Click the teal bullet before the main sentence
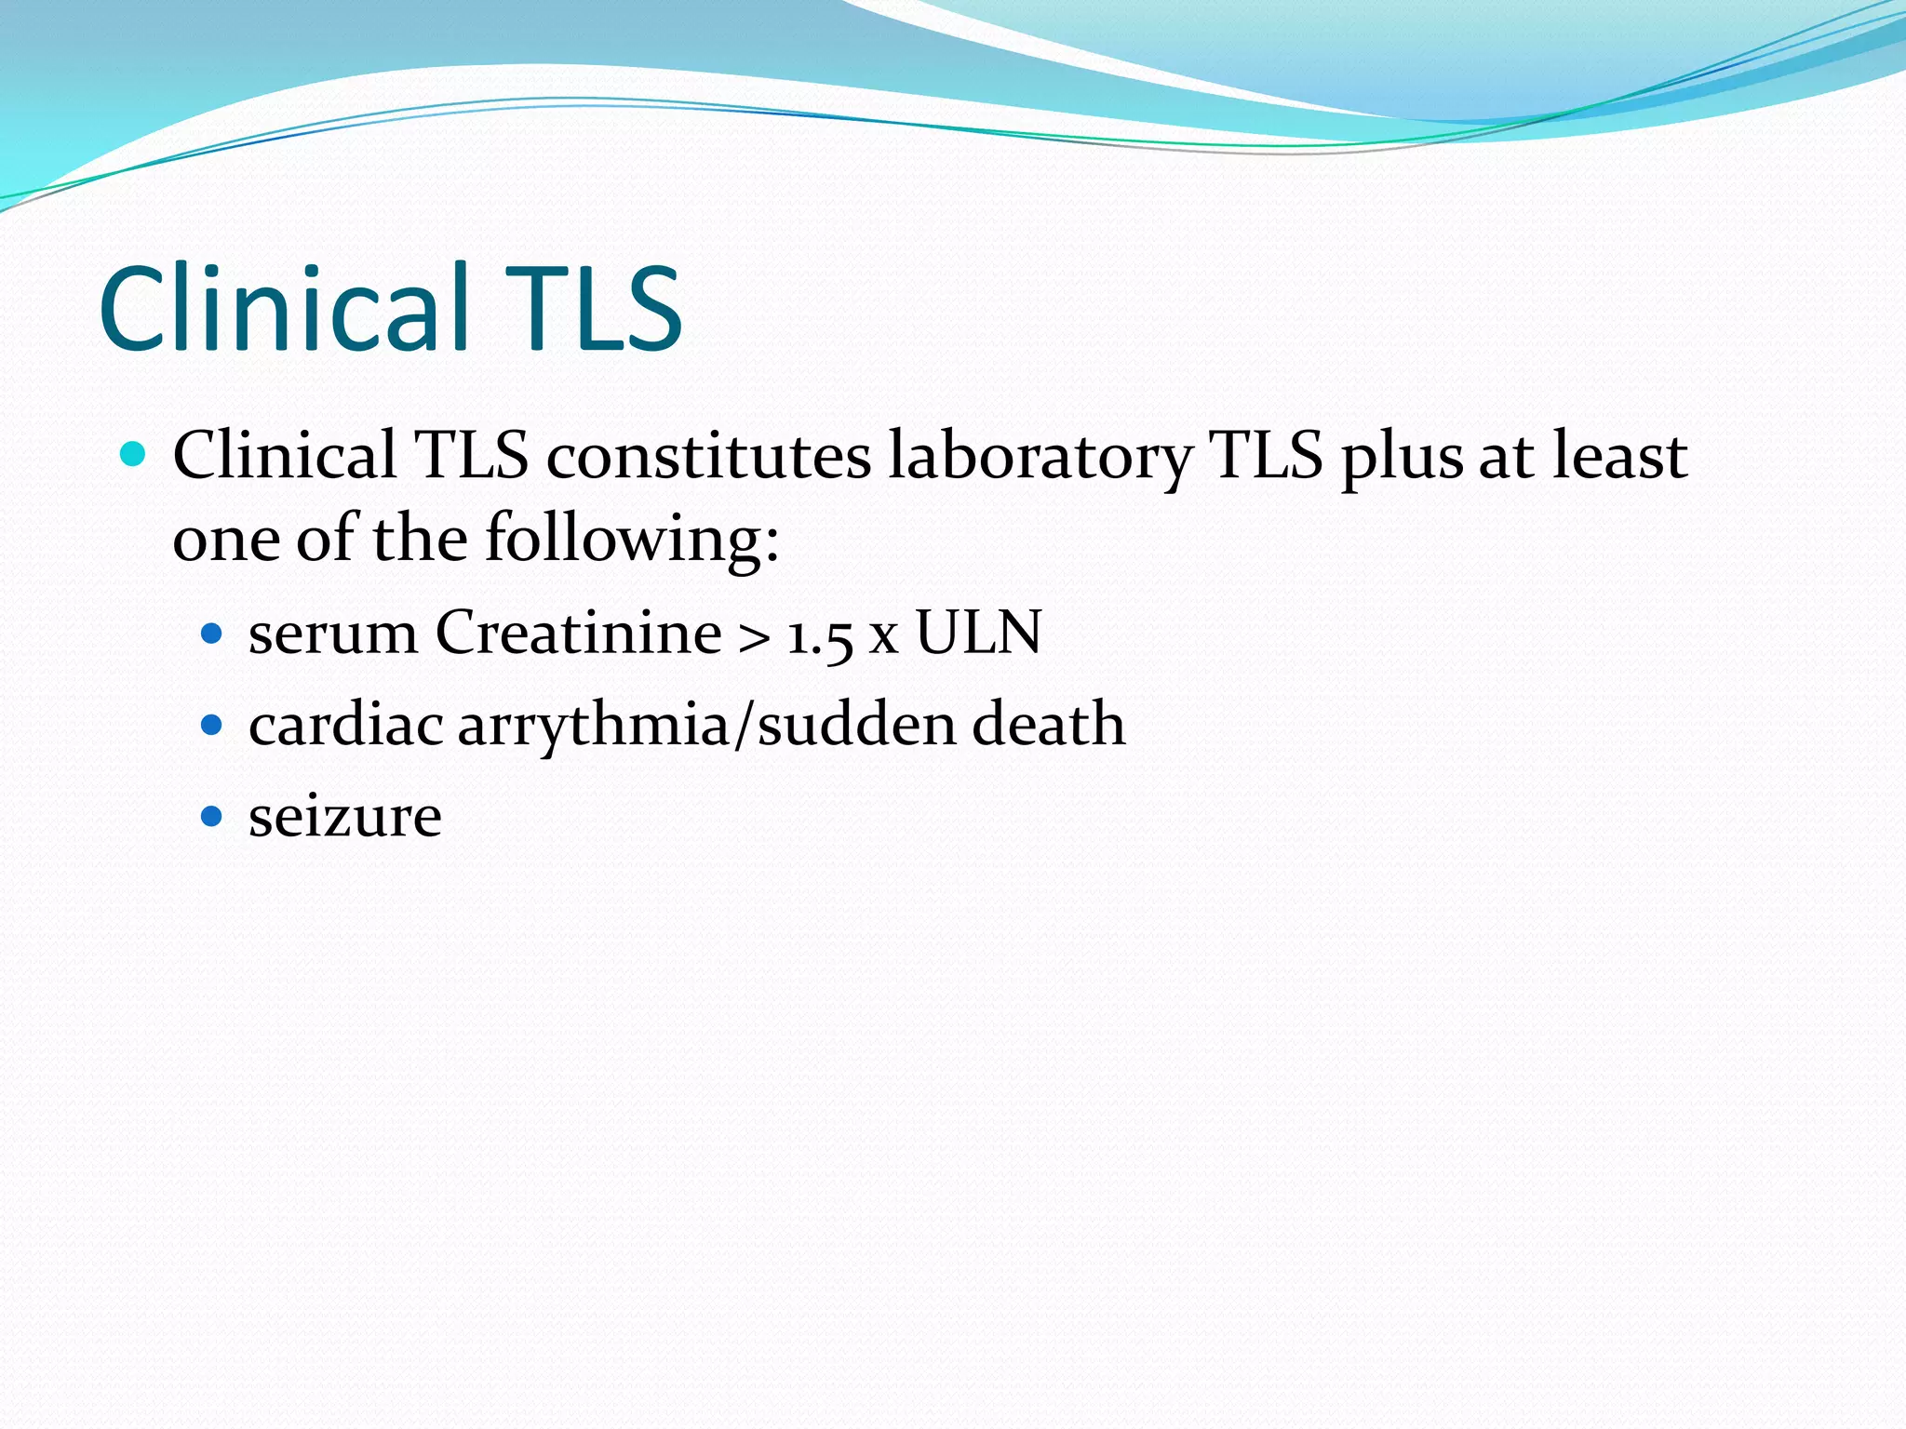[x=134, y=455]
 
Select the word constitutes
[x=708, y=457]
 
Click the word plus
[x=1402, y=457]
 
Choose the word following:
[x=632, y=540]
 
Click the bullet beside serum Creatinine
[x=212, y=634]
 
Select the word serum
[x=333, y=634]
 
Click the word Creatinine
[x=578, y=633]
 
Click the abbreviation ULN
[x=978, y=633]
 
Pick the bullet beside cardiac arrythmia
[x=212, y=726]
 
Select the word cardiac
[x=345, y=726]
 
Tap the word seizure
[x=345, y=817]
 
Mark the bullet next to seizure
[x=212, y=817]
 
